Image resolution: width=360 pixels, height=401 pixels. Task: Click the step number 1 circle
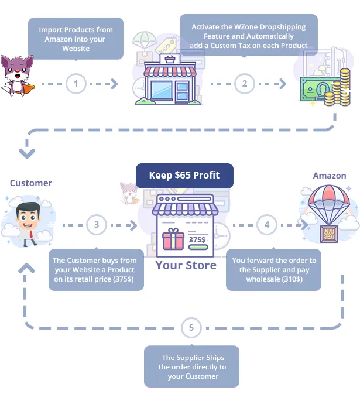point(76,84)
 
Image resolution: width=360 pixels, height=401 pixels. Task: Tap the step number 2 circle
point(245,84)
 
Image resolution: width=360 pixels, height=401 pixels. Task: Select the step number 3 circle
point(96,225)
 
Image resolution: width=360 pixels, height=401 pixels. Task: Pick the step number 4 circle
point(267,225)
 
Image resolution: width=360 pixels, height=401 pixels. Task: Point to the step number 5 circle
point(191,328)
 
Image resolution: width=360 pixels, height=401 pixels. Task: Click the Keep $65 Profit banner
point(184,176)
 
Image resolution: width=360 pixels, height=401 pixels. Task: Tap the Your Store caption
point(186,265)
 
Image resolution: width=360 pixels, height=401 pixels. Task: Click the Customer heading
point(31,183)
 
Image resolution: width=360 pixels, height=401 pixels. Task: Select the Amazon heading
point(329,176)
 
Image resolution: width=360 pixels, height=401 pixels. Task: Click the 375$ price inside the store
point(197,239)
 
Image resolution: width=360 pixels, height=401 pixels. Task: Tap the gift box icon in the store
point(173,241)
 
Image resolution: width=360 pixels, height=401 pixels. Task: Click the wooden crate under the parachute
point(329,232)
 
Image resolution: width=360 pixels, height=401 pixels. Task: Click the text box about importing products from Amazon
point(76,39)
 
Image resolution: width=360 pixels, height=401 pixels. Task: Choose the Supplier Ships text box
point(192,366)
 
